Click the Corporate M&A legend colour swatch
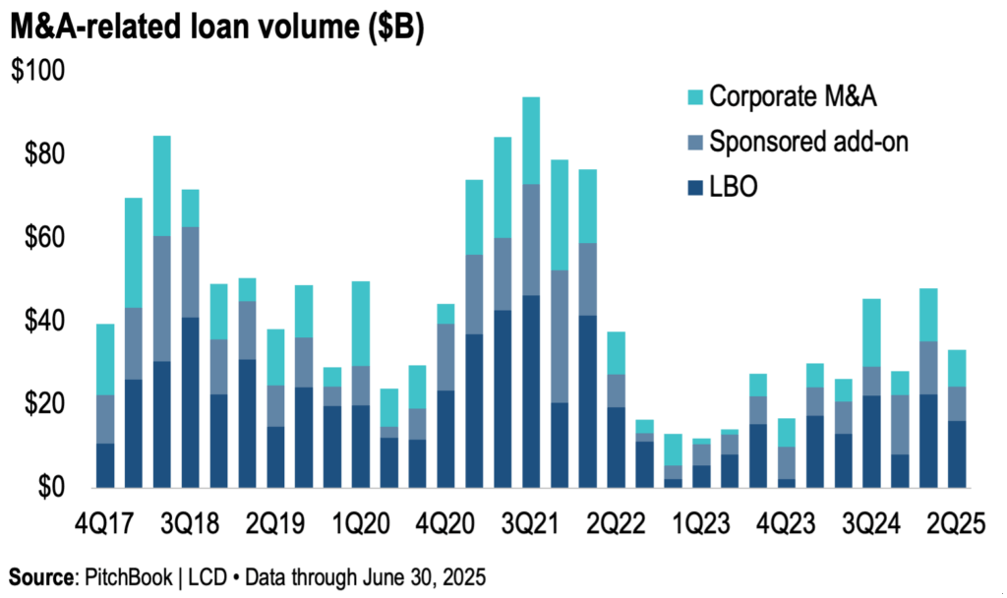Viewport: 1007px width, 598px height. pyautogui.click(x=689, y=96)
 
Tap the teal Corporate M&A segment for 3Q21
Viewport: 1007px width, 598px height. pyautogui.click(x=531, y=141)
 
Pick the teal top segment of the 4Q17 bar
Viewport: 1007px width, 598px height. pyautogui.click(x=104, y=359)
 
